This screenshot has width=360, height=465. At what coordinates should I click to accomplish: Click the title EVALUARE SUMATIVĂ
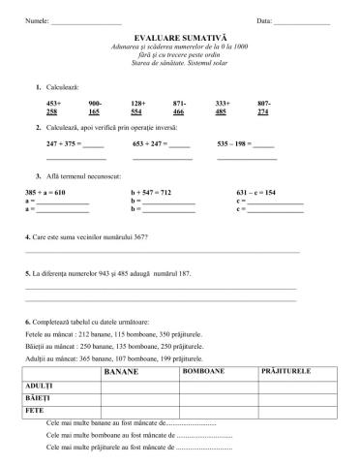pyautogui.click(x=180, y=36)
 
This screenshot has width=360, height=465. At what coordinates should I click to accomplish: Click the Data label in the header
pyautogui.click(x=265, y=19)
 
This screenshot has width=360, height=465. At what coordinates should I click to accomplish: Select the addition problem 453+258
pyautogui.click(x=54, y=108)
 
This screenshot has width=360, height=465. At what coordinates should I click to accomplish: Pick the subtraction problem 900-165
pyautogui.click(x=95, y=108)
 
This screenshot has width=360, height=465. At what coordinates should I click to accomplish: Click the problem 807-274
pyautogui.click(x=264, y=108)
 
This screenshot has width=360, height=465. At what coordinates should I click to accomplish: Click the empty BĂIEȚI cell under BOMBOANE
pyautogui.click(x=217, y=398)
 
